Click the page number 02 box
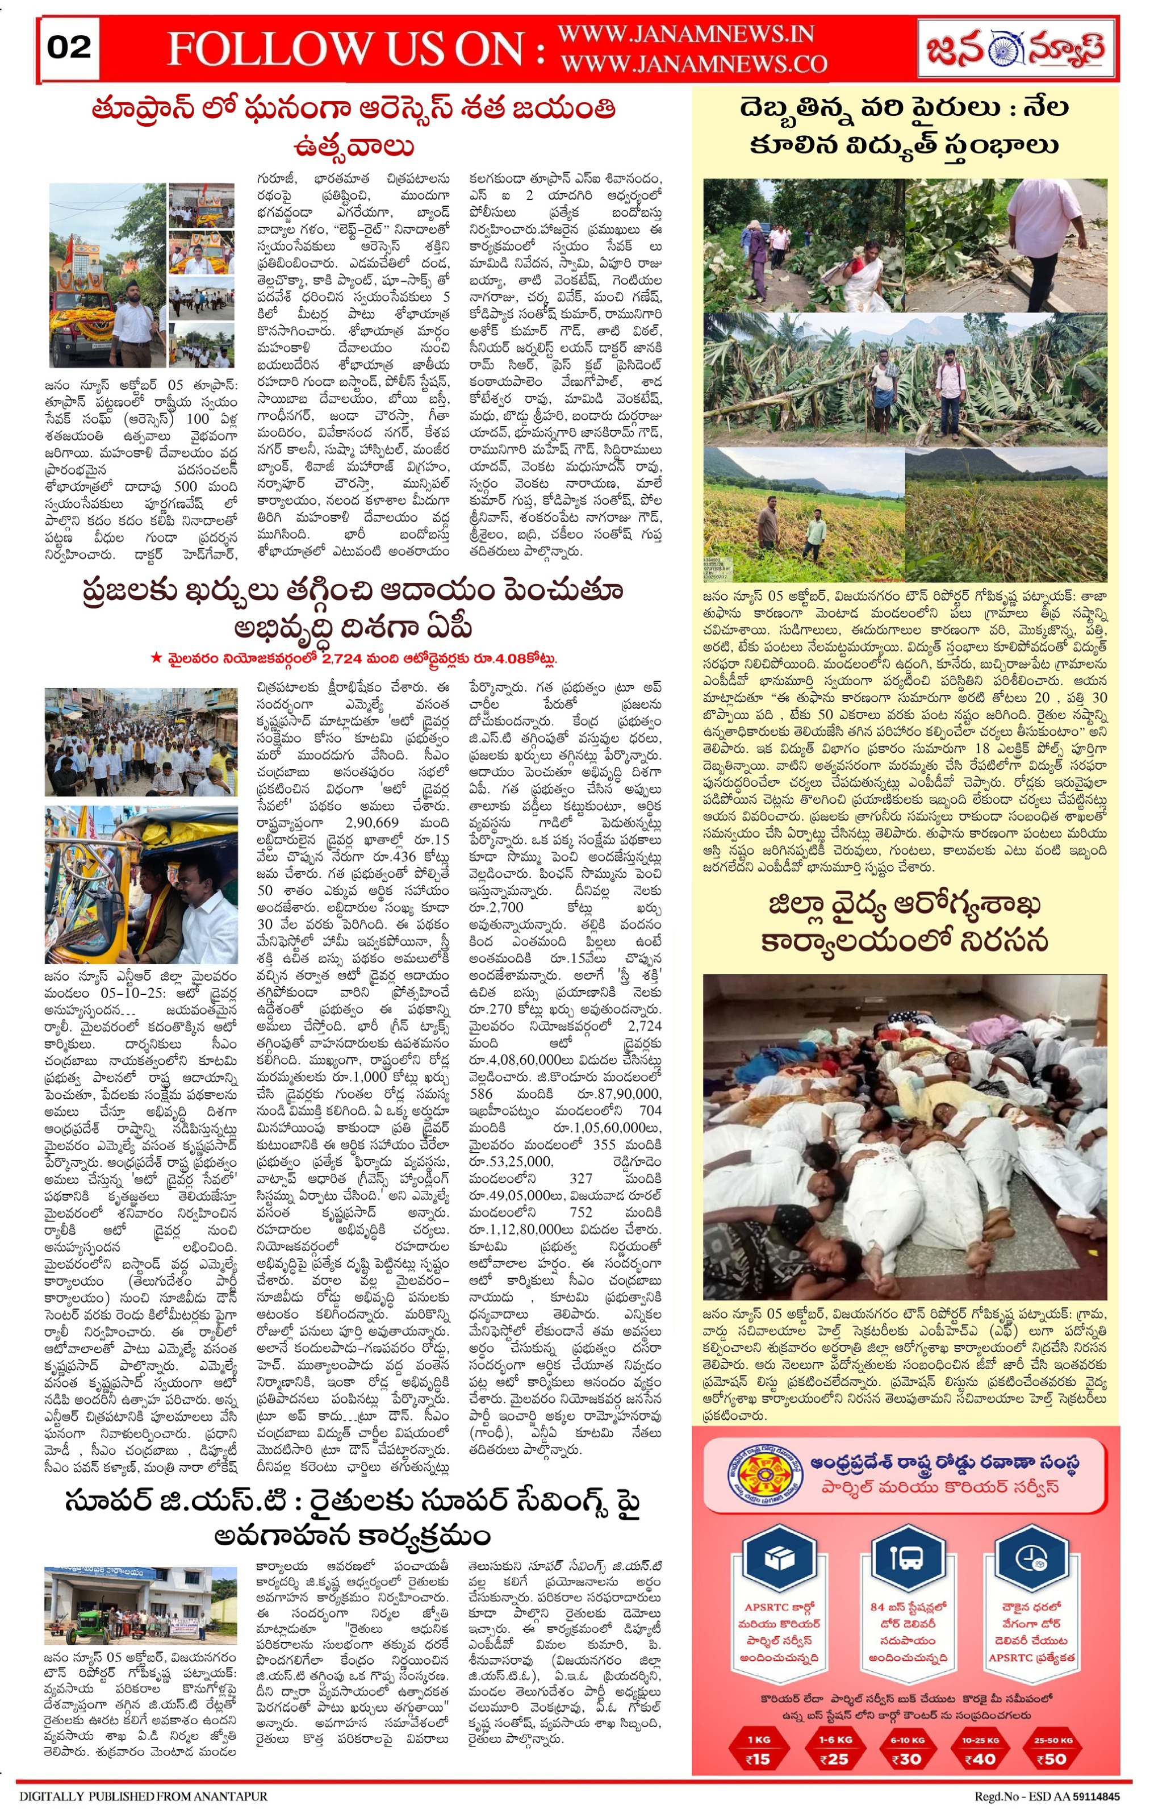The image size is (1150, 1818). (69, 48)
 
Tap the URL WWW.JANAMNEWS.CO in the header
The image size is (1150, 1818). (693, 64)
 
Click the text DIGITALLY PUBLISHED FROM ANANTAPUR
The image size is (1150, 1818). (143, 1795)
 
